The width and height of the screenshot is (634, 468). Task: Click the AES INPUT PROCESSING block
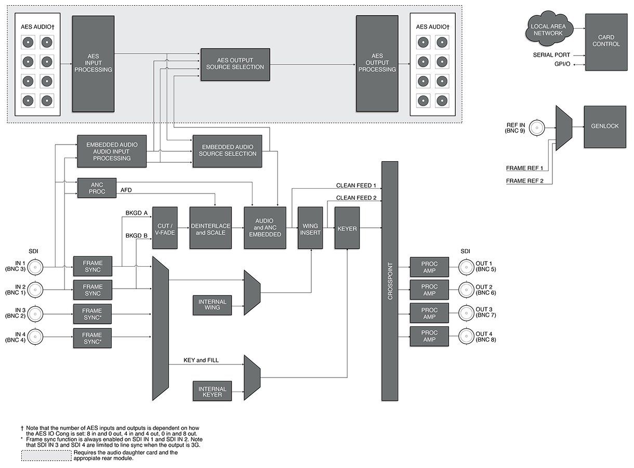pos(93,63)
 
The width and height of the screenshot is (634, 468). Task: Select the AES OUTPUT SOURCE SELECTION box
pos(235,64)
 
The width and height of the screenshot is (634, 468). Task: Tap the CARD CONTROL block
pos(606,41)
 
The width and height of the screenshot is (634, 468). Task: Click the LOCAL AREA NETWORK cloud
pos(547,30)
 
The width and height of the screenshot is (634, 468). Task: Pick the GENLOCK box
pos(604,126)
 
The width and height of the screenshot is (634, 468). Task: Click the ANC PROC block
pos(97,188)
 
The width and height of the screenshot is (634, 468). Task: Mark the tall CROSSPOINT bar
pos(390,281)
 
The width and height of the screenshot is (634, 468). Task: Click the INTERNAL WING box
pos(212,304)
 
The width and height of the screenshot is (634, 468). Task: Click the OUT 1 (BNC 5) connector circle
pos(466,268)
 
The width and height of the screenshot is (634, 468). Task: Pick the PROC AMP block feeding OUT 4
pos(429,336)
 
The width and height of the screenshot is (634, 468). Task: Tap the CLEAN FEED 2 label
pos(356,198)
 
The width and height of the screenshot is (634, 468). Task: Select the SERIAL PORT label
pos(551,55)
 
